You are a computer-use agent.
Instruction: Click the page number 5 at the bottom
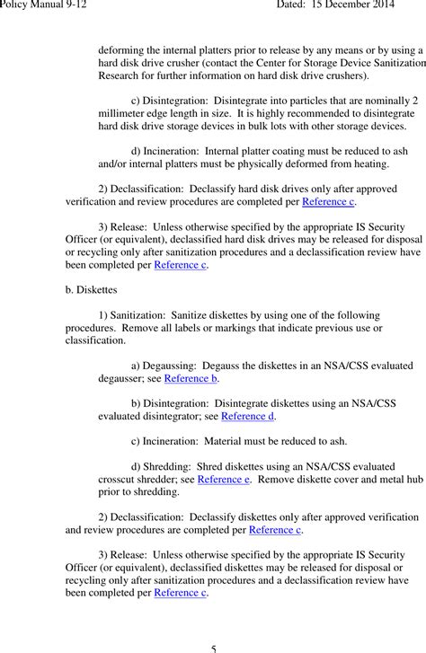click(213, 647)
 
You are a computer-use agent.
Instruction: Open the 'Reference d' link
click(248, 417)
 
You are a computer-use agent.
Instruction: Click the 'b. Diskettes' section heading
click(97, 290)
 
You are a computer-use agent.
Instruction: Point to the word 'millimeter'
click(125, 114)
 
